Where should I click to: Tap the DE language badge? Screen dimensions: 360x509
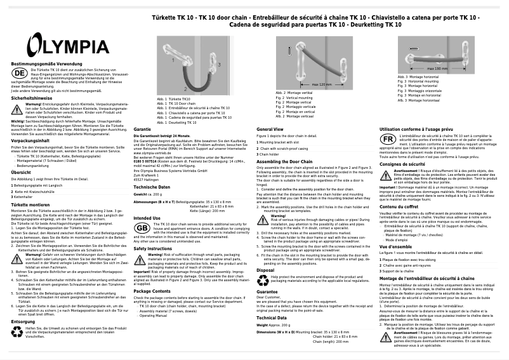[x=20, y=73]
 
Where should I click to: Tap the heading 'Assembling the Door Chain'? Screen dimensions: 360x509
[x=286, y=161]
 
